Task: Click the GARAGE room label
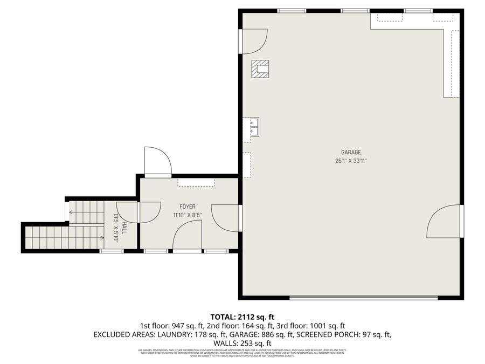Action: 350,153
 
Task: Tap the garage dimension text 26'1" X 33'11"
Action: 350,161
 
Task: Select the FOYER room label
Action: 188,207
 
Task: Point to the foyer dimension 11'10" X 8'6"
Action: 188,215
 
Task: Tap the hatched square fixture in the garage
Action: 261,69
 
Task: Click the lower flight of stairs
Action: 64,238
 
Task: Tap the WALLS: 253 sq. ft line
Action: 242,343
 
